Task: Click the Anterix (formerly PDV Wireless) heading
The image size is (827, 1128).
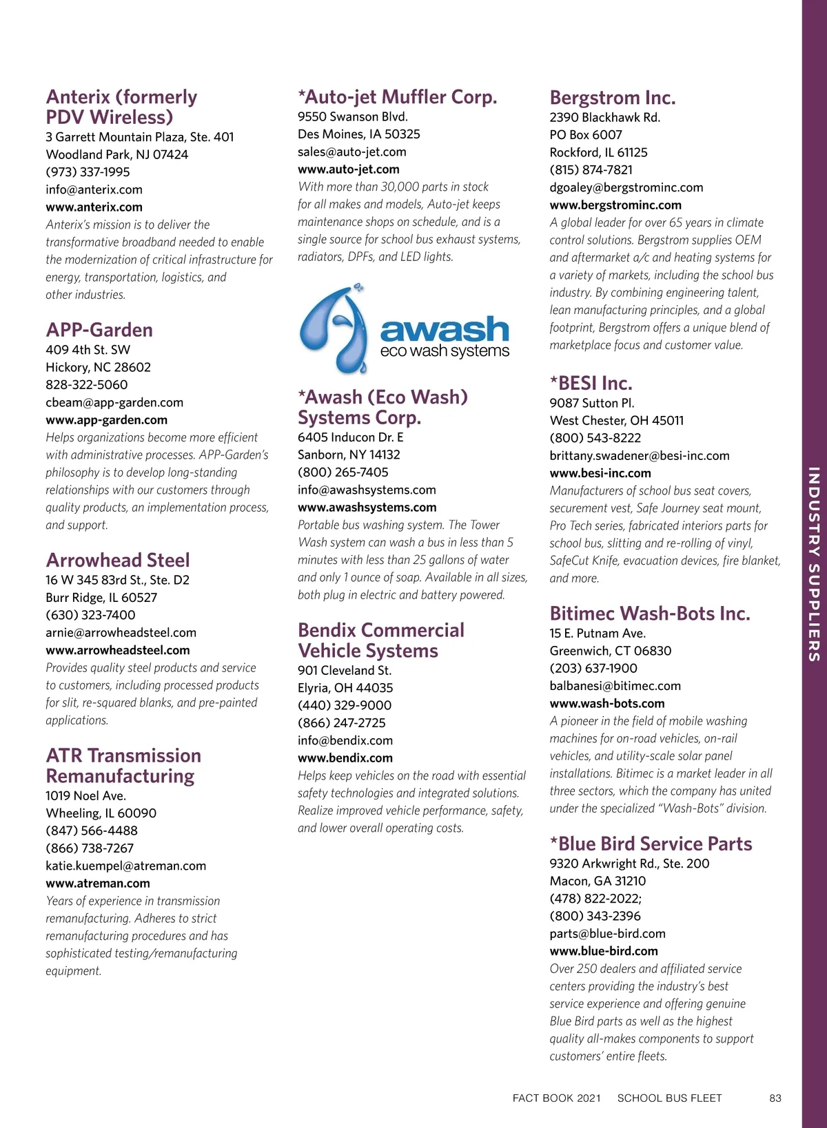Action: point(121,107)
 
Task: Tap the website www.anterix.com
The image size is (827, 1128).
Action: point(94,207)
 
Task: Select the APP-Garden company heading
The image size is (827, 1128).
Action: point(99,330)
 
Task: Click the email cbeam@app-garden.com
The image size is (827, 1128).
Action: point(114,402)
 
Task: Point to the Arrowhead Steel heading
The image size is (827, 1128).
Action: point(118,560)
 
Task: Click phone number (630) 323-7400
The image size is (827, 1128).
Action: point(90,615)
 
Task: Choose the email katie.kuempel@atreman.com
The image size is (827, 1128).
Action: point(126,866)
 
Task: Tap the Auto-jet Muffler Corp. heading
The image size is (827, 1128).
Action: point(397,97)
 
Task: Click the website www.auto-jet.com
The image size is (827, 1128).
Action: point(349,169)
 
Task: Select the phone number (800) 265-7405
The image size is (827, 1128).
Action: point(343,472)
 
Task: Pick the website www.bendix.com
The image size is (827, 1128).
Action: point(345,758)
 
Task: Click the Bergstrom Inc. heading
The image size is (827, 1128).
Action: point(613,98)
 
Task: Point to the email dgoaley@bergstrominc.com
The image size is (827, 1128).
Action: point(626,187)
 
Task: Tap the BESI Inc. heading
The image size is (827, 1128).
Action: point(591,383)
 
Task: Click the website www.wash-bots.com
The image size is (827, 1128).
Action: point(607,704)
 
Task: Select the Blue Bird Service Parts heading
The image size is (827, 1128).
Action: point(651,844)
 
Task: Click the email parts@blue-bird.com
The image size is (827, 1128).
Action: point(608,934)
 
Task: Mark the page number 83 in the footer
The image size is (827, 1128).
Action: point(775,1098)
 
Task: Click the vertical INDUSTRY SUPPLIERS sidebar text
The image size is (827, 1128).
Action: point(814,564)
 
